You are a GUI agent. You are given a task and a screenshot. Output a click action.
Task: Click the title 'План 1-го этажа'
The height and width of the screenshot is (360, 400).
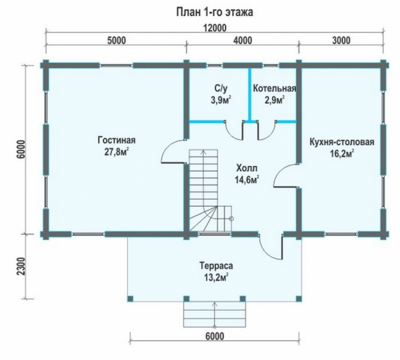coord(215,12)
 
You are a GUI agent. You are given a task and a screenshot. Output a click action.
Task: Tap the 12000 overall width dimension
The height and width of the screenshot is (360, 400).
coord(215,28)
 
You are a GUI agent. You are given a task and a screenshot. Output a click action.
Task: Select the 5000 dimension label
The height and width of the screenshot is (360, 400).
coord(116,41)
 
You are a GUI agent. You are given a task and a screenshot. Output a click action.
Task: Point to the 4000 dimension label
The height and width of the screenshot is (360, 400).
coord(242,41)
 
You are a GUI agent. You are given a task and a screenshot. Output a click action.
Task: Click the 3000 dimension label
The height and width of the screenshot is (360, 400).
coord(341,41)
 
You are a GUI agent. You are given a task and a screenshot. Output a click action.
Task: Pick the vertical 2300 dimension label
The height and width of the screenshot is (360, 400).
coord(22,266)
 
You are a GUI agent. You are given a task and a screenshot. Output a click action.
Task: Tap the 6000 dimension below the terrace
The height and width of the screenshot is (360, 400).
coord(215,336)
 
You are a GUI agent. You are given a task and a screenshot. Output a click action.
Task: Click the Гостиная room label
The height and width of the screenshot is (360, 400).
coord(116,140)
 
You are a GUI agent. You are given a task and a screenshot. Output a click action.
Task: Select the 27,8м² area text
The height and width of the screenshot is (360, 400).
coord(116,152)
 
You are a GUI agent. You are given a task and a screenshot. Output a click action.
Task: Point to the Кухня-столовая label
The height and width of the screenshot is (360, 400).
coord(342,142)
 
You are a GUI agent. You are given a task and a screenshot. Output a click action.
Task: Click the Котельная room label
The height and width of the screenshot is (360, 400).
coord(274,89)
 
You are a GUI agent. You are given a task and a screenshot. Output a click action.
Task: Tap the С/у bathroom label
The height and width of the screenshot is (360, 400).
coord(220,89)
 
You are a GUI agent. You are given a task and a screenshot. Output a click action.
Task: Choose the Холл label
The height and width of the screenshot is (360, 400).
coord(247,169)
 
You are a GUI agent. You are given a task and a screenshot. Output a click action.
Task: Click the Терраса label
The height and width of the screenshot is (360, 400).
coord(216,266)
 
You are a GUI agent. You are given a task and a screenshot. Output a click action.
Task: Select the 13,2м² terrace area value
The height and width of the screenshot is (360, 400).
coord(216,278)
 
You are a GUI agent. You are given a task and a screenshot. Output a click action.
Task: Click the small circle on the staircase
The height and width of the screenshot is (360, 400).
coord(231,218)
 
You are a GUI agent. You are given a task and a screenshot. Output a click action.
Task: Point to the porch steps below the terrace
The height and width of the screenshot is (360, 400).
coord(215,314)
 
